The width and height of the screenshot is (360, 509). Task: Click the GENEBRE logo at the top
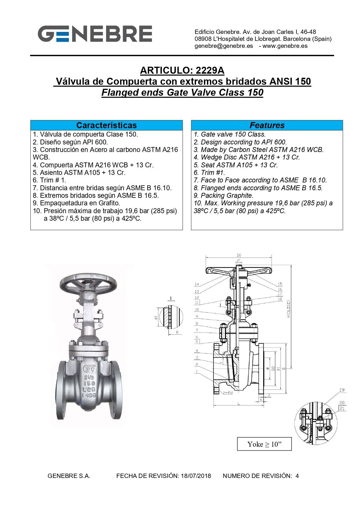pyautogui.click(x=95, y=34)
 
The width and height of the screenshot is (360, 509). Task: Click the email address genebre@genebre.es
pyautogui.click(x=224, y=46)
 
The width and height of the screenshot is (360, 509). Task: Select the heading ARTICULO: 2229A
pyautogui.click(x=182, y=70)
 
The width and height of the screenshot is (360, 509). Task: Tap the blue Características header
pyautogui.click(x=106, y=125)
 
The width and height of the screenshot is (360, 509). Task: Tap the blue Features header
pyautogui.click(x=267, y=125)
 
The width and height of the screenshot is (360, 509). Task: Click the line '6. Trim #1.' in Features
pyautogui.click(x=209, y=173)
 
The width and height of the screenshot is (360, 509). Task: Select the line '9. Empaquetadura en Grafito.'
pyautogui.click(x=76, y=203)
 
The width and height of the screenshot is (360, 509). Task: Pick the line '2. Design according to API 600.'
pyautogui.click(x=240, y=142)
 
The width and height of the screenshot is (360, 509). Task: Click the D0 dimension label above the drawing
pyautogui.click(x=239, y=256)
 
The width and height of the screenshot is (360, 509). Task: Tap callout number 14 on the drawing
pyautogui.click(x=197, y=284)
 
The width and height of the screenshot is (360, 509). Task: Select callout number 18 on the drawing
pyautogui.click(x=280, y=299)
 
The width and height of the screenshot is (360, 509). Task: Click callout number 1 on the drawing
pyautogui.click(x=197, y=371)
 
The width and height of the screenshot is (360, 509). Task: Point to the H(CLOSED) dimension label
pyautogui.click(x=289, y=309)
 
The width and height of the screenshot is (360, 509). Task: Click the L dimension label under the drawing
pyautogui.click(x=238, y=403)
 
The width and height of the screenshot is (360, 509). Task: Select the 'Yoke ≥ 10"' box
pyautogui.click(x=264, y=444)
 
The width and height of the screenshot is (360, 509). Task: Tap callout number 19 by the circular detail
pyautogui.click(x=342, y=390)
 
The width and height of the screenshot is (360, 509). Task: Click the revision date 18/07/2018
pyautogui.click(x=196, y=476)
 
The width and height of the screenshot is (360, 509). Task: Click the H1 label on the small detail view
pyautogui.click(x=156, y=318)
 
